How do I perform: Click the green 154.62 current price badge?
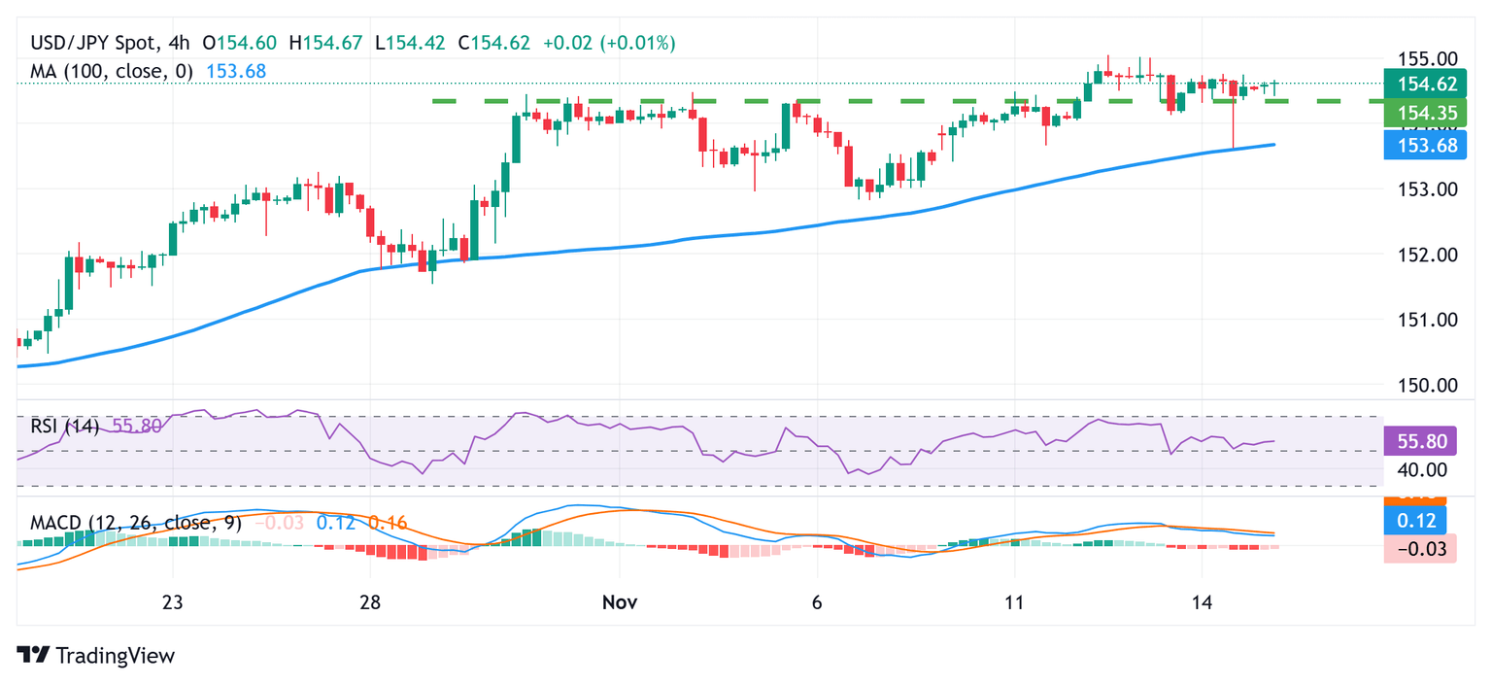pos(1419,85)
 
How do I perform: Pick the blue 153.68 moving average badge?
pos(1419,146)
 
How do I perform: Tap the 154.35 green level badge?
pos(1419,115)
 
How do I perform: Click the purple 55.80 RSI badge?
pos(1419,441)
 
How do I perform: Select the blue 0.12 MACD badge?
pos(1419,520)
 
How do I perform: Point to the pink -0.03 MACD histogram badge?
pos(1419,550)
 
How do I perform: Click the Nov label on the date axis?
pos(620,601)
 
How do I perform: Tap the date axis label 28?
pos(369,601)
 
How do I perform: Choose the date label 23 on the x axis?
pos(173,601)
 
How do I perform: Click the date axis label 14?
pos(1203,601)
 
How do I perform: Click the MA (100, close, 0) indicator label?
pos(112,71)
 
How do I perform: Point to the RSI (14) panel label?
pos(64,426)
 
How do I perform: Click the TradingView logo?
pos(96,656)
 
